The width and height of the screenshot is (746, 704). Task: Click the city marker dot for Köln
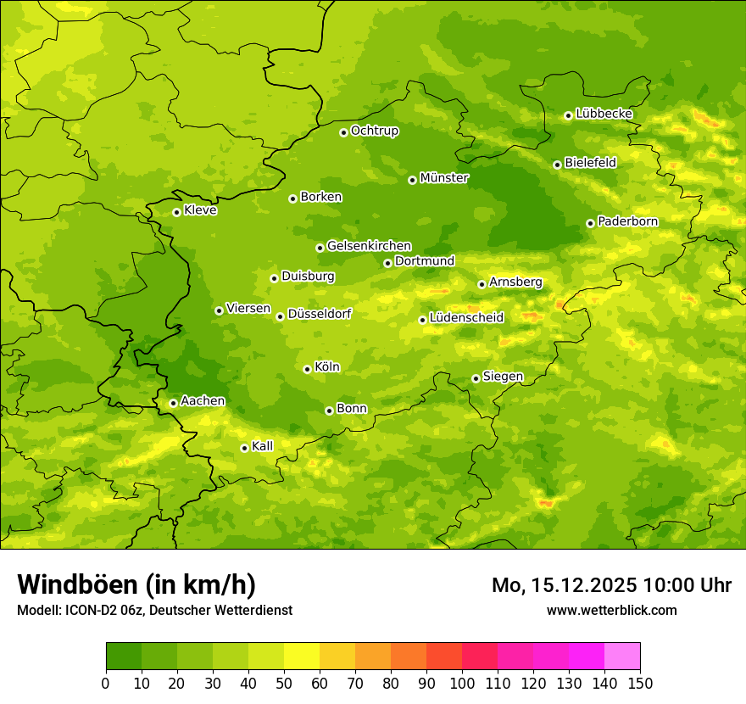point(307,369)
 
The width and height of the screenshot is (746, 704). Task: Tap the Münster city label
point(443,178)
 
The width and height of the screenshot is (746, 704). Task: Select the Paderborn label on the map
point(627,221)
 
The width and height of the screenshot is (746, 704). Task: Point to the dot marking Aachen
point(173,403)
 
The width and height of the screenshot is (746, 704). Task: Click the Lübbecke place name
point(604,114)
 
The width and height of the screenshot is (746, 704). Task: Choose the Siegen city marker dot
point(476,378)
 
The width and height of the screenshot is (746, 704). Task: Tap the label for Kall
point(263,446)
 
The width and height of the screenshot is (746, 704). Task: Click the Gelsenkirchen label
point(369,246)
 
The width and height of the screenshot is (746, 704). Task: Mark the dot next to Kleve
point(176,212)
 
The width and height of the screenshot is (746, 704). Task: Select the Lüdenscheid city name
point(466,318)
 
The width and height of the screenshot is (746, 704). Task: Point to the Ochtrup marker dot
point(343,132)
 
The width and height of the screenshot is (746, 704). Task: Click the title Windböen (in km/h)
point(136,584)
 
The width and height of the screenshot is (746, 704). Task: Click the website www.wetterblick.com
point(611,610)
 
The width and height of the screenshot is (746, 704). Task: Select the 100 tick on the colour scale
point(462,683)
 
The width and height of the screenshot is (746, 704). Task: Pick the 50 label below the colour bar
point(284,683)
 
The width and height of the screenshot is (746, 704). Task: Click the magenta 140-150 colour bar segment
point(622,656)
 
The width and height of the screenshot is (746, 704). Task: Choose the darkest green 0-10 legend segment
point(124,656)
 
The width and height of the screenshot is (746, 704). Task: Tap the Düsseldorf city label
point(319,314)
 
